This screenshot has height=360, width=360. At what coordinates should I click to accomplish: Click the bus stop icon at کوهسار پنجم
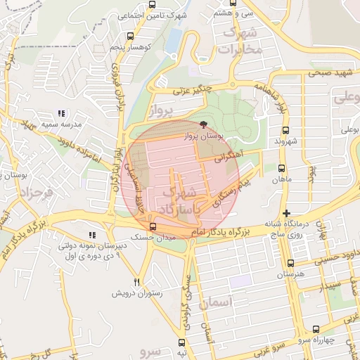[129, 36]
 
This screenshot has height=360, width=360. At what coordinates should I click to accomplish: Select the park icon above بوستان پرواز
[203, 124]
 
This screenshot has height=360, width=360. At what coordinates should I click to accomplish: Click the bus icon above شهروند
[285, 130]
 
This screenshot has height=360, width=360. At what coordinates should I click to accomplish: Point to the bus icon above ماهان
[281, 169]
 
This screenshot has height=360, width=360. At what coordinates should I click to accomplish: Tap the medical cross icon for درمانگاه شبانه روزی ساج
[285, 212]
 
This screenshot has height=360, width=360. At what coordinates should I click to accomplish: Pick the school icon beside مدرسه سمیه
[61, 113]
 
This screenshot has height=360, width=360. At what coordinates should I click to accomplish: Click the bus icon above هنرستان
[290, 263]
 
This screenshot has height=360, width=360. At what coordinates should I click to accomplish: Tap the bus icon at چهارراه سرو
[315, 329]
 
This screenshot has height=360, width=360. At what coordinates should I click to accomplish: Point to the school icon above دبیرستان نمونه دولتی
[91, 235]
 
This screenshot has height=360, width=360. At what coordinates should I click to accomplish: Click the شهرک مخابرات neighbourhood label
[240, 41]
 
